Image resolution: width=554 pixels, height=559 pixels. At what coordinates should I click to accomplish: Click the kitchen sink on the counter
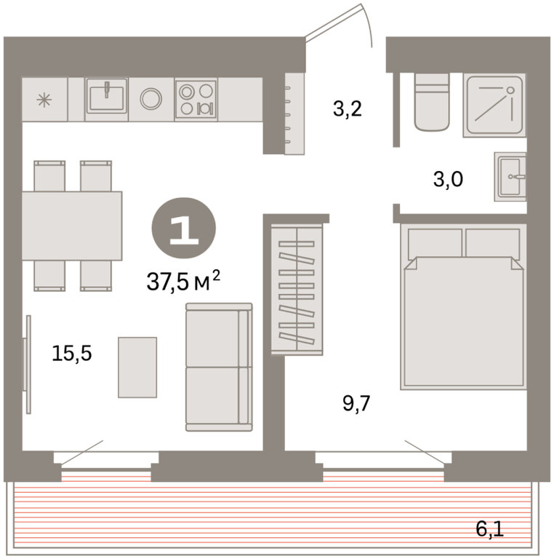tap(106, 96)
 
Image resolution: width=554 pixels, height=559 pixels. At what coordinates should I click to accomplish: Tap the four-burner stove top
tap(196, 99)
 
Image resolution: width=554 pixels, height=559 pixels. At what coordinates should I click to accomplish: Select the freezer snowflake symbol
tap(44, 100)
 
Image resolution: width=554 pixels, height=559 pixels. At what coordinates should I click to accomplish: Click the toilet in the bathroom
tap(432, 102)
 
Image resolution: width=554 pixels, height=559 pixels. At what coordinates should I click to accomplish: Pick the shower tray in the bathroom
tap(494, 105)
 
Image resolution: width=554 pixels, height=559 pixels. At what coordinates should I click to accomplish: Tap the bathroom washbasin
tap(510, 176)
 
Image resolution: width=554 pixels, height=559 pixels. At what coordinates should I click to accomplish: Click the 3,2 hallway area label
tap(347, 108)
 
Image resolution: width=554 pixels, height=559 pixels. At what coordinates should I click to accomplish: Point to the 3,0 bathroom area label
tap(448, 179)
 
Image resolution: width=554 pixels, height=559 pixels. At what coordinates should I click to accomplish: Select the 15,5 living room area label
tap(71, 353)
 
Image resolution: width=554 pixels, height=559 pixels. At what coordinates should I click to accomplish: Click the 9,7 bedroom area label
tap(356, 403)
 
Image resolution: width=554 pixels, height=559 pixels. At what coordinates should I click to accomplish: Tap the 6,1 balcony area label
tap(489, 528)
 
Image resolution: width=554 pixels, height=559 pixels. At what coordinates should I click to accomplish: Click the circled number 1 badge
tap(184, 228)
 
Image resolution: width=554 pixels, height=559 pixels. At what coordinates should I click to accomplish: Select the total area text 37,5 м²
tap(183, 281)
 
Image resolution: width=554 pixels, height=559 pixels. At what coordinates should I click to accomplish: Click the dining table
tap(72, 226)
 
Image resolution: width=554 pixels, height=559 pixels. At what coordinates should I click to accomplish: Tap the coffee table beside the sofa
tap(137, 367)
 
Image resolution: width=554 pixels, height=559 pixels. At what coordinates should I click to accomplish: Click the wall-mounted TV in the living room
tap(27, 365)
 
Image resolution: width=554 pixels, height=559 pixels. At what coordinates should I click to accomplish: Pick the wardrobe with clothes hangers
tap(297, 289)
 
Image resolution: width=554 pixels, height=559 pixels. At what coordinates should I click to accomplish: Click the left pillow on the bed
tap(435, 243)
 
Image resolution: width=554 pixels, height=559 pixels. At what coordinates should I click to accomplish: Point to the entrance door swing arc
tap(368, 24)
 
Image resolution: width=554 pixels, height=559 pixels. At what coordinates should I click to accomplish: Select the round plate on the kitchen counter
tap(151, 99)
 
